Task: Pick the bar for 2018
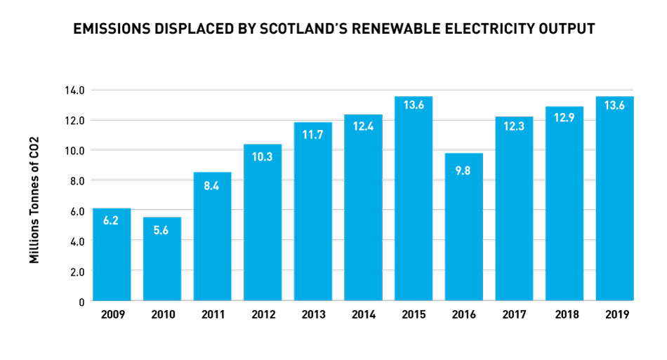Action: coord(564,204)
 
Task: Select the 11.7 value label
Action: coord(312,135)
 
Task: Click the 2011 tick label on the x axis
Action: coord(212,315)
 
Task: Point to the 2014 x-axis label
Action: coord(363,315)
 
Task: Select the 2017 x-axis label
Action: coord(514,315)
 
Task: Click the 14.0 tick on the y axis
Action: coord(74,90)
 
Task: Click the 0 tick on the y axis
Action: coord(81,301)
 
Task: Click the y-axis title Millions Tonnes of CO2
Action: coord(34,200)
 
